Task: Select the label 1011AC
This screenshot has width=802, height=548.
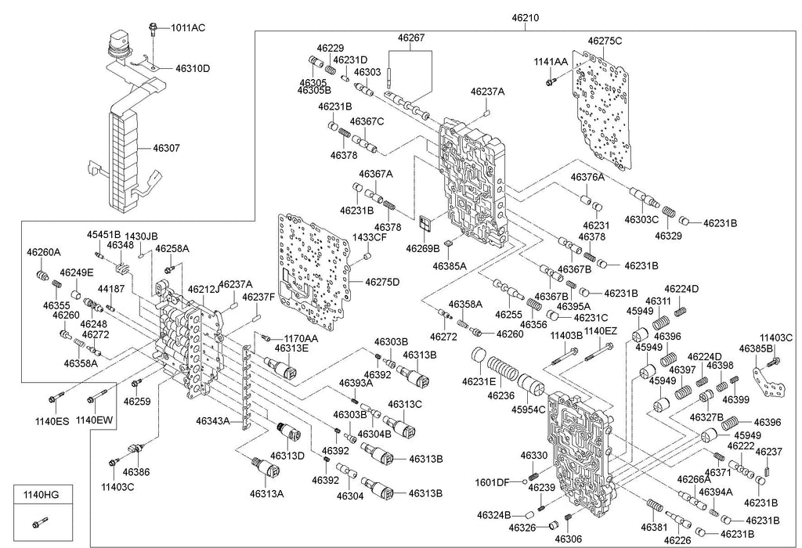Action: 189,28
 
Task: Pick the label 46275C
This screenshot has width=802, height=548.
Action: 605,40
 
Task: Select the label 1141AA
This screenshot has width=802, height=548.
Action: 551,61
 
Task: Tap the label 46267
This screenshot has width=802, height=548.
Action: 411,37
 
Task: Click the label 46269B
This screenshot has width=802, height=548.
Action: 422,247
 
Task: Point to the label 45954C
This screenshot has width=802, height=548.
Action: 530,410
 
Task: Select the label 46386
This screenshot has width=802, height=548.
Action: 136,472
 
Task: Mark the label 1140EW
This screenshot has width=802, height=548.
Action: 94,420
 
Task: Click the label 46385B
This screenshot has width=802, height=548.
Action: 757,349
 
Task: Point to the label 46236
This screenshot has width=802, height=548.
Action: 501,395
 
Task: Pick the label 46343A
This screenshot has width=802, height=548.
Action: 212,422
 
